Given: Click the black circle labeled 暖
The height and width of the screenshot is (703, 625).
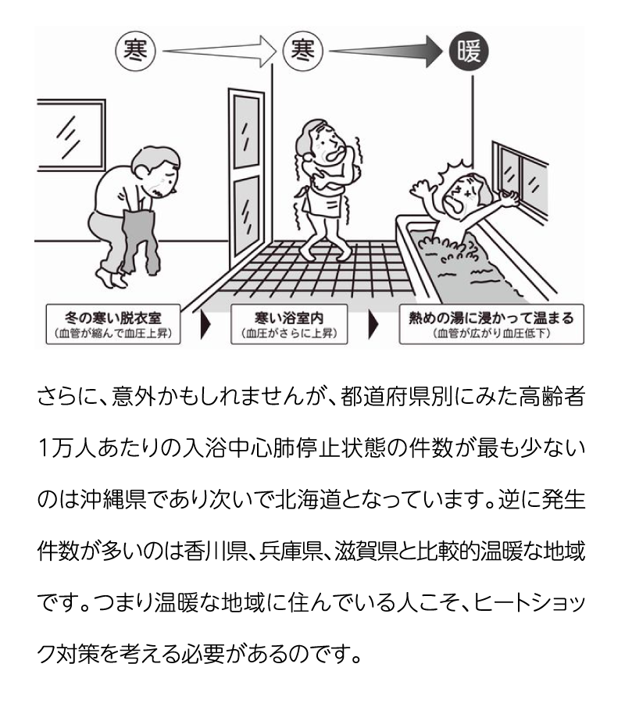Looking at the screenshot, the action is [469, 51].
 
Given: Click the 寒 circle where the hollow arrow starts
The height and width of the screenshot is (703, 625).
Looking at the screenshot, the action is [135, 51].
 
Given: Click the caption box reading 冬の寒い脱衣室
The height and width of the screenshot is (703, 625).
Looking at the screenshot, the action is [113, 324].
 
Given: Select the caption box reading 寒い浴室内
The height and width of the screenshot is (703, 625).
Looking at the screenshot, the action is [289, 324].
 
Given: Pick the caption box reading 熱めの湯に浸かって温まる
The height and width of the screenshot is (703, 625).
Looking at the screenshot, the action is [491, 324].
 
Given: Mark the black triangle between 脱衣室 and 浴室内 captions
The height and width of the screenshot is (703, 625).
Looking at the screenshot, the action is [205, 324].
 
